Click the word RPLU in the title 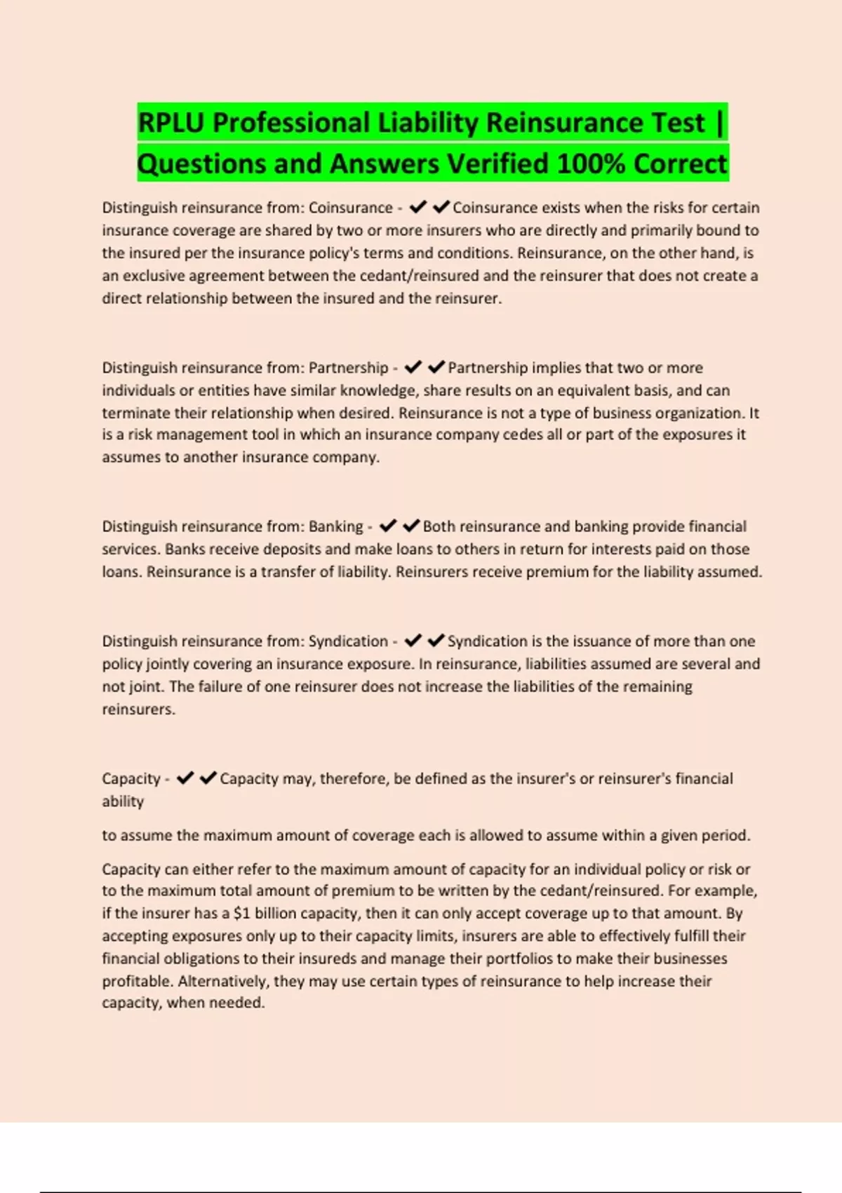click(x=171, y=123)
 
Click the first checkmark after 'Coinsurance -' click(x=418, y=207)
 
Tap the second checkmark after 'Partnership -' click(x=436, y=367)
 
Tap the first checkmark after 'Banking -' click(x=388, y=526)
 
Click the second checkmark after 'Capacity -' click(x=208, y=778)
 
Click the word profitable click(x=135, y=981)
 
